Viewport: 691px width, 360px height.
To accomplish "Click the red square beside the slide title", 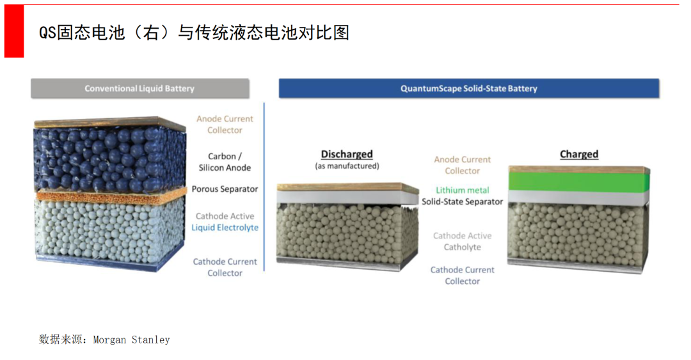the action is point(14,31).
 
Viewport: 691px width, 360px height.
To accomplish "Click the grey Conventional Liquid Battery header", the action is point(140,89).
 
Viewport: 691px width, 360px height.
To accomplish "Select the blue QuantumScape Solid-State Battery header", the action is point(469,89).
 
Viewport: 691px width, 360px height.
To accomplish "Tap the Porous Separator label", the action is point(225,189).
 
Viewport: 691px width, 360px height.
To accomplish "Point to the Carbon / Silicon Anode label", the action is point(225,162).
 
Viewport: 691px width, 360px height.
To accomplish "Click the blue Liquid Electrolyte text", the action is point(225,228).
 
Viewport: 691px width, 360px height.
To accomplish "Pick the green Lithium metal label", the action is point(463,190).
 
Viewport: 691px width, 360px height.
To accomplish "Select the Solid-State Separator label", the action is point(463,201).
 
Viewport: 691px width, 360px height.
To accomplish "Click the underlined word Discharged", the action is point(347,154).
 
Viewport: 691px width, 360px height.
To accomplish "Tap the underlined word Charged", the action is point(579,154).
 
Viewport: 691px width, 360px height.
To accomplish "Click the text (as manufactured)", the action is point(347,166).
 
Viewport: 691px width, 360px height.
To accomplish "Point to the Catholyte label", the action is point(463,247).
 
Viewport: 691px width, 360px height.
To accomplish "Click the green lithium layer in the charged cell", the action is point(578,181).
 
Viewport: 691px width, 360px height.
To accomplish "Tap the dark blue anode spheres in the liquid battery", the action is point(110,159).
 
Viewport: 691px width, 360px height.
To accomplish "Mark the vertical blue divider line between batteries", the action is point(264,187).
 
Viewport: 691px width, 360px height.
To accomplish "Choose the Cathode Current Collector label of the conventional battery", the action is point(225,267).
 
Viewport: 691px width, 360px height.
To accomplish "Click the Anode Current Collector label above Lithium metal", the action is point(463,165).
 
